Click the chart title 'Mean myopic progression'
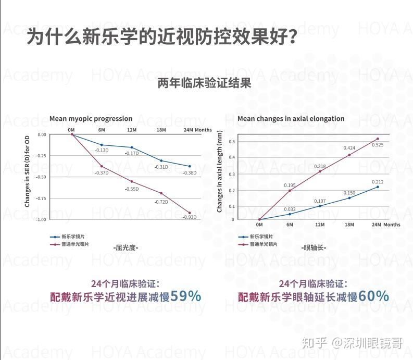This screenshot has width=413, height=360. pyautogui.click(x=91, y=119)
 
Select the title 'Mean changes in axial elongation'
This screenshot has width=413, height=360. pyautogui.click(x=291, y=119)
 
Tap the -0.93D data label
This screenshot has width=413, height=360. pyautogui.click(x=190, y=217)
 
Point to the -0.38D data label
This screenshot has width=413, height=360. pyautogui.click(x=190, y=172)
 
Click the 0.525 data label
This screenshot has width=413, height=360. pyautogui.click(x=378, y=145)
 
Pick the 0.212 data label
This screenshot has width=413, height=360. pyautogui.click(x=378, y=182)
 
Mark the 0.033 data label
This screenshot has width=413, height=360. pyautogui.click(x=289, y=209)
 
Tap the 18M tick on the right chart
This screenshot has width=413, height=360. pyautogui.click(x=349, y=225)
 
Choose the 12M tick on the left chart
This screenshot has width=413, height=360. pyautogui.click(x=131, y=130)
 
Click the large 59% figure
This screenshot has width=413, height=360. pyautogui.click(x=185, y=296)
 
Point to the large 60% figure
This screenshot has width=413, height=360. pyautogui.click(x=373, y=296)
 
